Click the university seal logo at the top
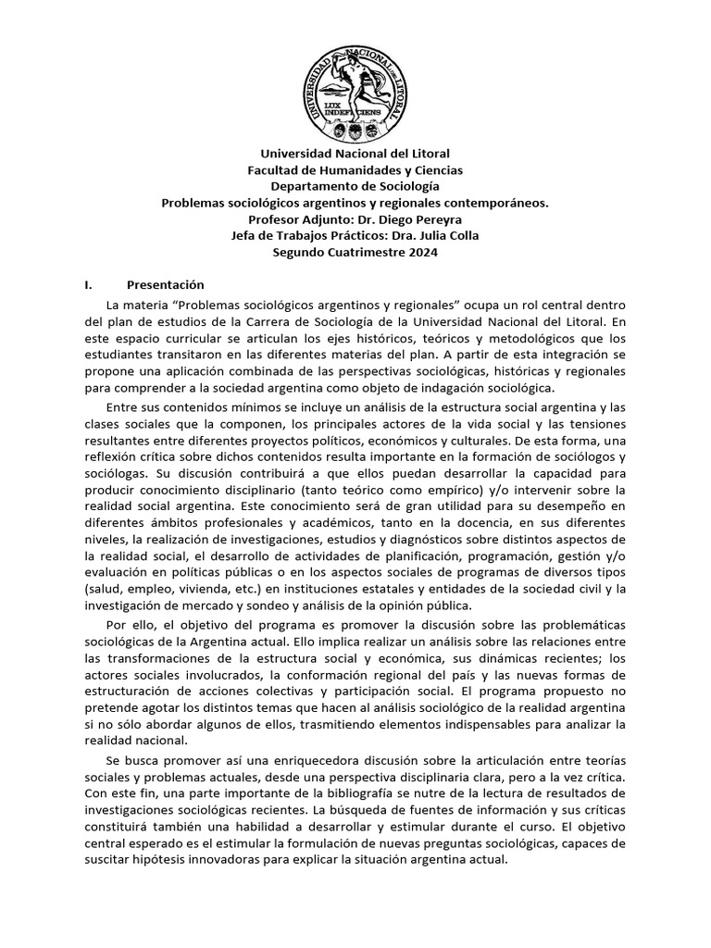[355, 88]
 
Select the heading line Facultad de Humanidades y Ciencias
[355, 169]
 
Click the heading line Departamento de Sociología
[355, 186]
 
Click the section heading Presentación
[166, 285]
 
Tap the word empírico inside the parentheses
[465, 489]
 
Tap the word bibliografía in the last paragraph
[353, 793]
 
